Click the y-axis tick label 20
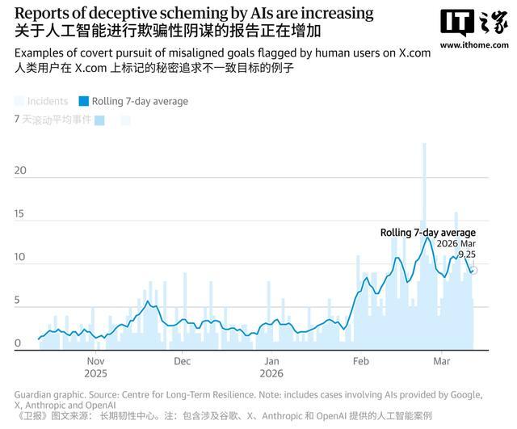tap(21, 171)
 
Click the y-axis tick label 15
tap(21, 215)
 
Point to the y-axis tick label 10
tap(21, 258)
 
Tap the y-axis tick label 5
tap(18, 301)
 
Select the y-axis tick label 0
tap(18, 343)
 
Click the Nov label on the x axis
tap(95, 362)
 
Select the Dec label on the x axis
tap(182, 362)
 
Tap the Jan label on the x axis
tap(272, 362)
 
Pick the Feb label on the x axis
tap(360, 362)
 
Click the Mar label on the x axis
tap(442, 362)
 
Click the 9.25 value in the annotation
tap(467, 254)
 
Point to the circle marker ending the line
tap(474, 270)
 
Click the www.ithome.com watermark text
tap(472, 46)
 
